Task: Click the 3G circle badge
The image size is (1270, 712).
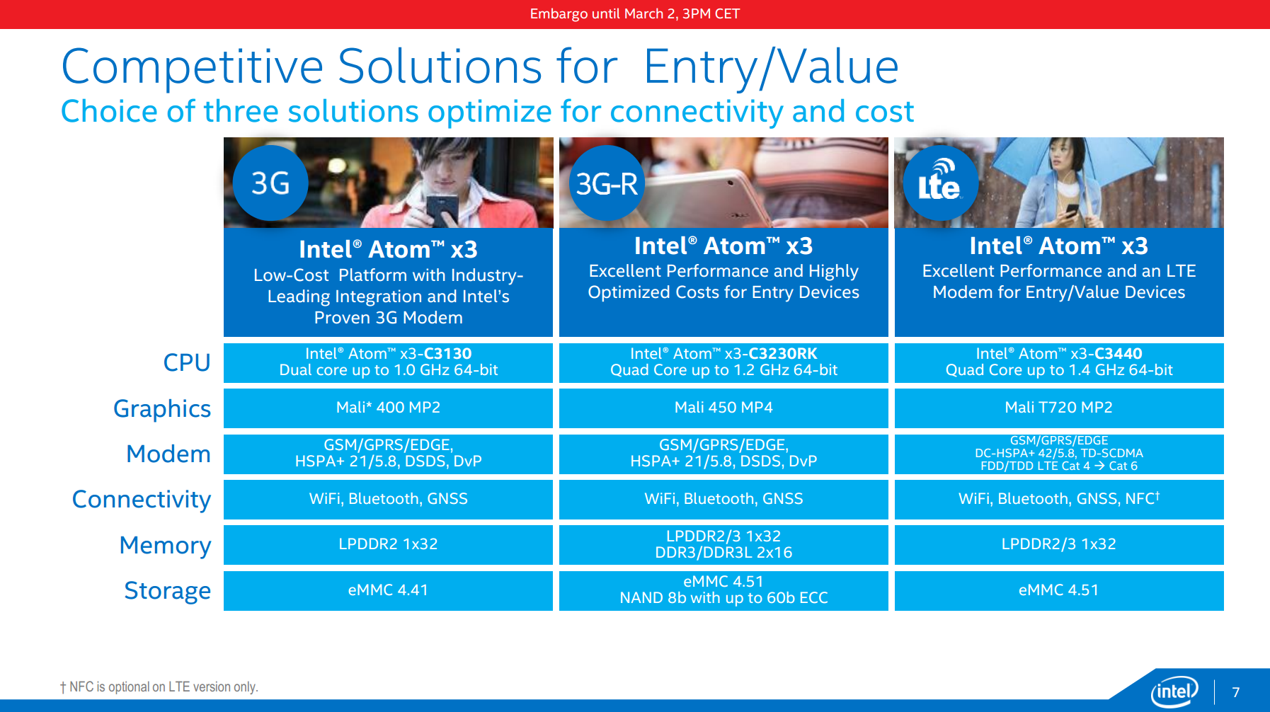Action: [270, 183]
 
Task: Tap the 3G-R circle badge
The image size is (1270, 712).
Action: [607, 183]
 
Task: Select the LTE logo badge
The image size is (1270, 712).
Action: [941, 183]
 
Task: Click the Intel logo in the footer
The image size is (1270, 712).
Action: [1174, 691]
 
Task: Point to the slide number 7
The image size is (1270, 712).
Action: [1236, 692]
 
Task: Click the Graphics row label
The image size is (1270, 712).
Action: [162, 409]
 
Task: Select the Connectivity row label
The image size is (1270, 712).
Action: [142, 500]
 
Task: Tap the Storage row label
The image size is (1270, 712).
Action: [168, 590]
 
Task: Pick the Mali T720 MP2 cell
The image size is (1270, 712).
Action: [1059, 408]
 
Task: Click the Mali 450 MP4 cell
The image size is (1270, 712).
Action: [723, 408]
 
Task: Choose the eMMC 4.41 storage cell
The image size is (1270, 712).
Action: [388, 590]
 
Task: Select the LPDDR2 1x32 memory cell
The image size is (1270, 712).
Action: [388, 544]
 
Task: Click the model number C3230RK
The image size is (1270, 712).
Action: [783, 353]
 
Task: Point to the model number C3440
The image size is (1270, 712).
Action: [1119, 353]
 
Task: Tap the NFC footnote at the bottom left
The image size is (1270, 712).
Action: [159, 687]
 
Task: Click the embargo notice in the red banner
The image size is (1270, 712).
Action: [635, 13]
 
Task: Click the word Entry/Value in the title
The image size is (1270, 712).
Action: [772, 67]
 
